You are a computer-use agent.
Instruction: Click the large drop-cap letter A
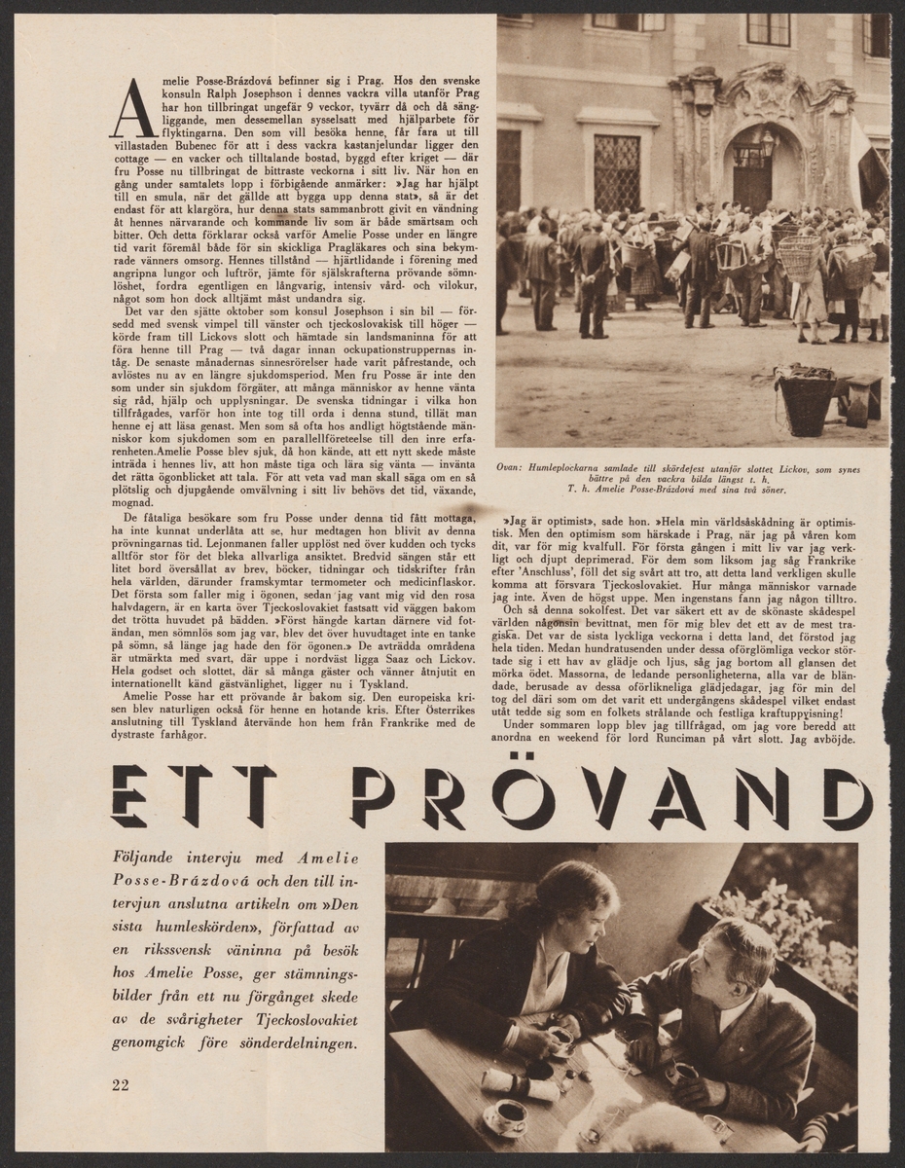pos(132,108)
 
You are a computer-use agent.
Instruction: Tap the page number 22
pos(120,1084)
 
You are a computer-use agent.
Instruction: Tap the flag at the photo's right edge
pos(868,165)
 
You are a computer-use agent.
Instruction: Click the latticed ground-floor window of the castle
pos(617,172)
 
